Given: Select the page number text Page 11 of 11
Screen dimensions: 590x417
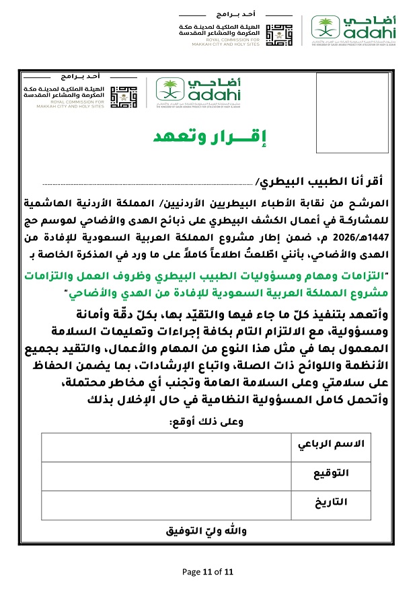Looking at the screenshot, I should click(208, 572).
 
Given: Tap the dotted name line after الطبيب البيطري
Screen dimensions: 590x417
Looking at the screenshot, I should click(148, 181).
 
